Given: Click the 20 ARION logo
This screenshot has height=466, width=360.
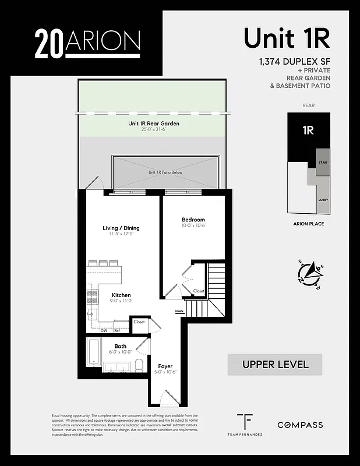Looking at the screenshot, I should tap(87, 43).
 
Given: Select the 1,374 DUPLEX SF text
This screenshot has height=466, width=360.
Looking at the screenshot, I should tap(292, 62).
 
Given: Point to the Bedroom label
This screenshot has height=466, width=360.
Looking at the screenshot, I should tap(193, 220).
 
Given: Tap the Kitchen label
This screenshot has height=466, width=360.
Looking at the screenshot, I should tap(121, 295).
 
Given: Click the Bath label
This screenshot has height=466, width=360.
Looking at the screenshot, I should tap(120, 347).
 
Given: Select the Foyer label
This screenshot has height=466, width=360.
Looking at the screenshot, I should tap(165, 366).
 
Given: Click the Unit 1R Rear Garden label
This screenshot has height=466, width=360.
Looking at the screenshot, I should tap(154, 123).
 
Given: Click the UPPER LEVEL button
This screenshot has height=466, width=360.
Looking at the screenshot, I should tap(274, 365).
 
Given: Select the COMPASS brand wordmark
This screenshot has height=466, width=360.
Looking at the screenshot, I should tap(299, 425).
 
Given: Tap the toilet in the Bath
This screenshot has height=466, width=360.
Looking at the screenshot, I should tap(138, 366).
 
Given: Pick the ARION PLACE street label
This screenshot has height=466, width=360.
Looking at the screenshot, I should tap(309, 223).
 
